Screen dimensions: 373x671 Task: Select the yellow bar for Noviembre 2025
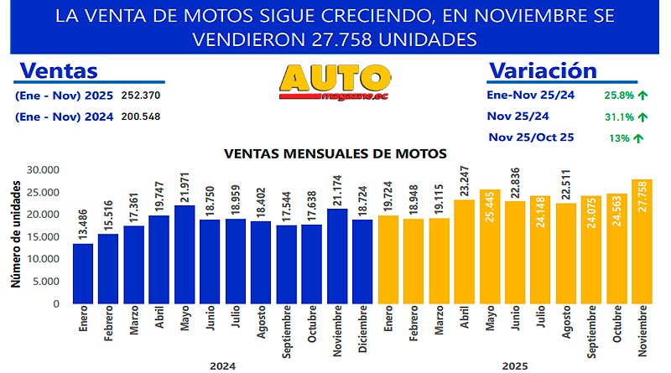[x=642, y=242]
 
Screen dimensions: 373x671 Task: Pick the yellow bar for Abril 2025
[x=464, y=252]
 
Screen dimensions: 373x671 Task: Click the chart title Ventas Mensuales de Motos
[x=335, y=153]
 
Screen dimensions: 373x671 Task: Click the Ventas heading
[x=58, y=70]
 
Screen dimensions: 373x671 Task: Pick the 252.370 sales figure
[x=141, y=95]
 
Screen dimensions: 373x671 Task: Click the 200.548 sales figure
[x=141, y=117]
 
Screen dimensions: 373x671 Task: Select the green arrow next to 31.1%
[x=643, y=117]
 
